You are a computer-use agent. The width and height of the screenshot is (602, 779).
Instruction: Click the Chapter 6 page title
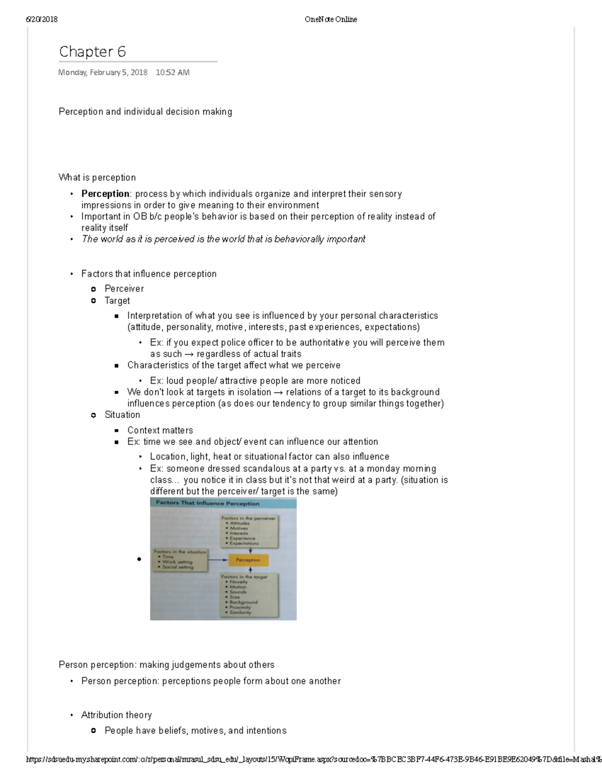click(92, 52)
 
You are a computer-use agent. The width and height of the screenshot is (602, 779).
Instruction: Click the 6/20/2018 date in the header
click(42, 20)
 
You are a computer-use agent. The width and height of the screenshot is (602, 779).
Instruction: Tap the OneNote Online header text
click(331, 20)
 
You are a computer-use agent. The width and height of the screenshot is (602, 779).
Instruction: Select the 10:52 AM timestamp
click(173, 72)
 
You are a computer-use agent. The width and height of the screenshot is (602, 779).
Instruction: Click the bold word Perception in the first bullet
click(105, 194)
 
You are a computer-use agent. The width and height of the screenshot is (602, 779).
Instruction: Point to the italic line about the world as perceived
click(223, 239)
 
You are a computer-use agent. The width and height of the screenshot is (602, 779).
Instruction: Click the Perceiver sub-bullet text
click(124, 288)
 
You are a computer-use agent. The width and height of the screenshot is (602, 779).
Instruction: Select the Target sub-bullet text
click(117, 300)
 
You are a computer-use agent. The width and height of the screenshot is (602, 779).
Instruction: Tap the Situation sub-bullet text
click(122, 415)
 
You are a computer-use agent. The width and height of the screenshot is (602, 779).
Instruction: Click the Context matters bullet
click(160, 430)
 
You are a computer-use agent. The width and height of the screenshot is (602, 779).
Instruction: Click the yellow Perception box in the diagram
click(248, 560)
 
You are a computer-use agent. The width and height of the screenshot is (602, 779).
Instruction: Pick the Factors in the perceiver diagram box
click(249, 531)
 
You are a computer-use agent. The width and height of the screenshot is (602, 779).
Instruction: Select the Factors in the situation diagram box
click(180, 559)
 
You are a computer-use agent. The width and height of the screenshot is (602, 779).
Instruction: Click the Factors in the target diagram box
click(249, 594)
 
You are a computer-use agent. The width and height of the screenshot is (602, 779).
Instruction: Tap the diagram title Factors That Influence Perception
click(207, 503)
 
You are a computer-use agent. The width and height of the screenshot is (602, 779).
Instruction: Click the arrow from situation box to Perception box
click(218, 560)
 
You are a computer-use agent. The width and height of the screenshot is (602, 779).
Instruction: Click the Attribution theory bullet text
click(116, 715)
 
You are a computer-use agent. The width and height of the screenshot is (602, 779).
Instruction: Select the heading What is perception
click(97, 178)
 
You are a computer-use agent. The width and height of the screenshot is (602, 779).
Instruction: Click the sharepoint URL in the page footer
click(301, 759)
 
